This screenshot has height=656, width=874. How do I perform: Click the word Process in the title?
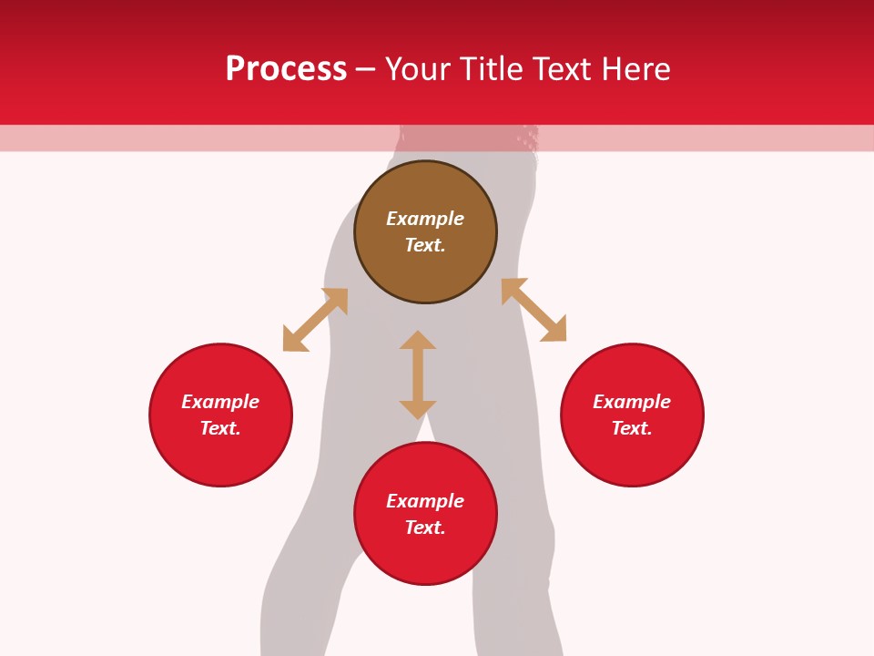pos(286,69)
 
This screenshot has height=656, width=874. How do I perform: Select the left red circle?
pos(220,456)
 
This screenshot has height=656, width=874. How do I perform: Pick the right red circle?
pos(632,456)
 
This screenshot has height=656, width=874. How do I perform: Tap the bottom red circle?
pos(425,556)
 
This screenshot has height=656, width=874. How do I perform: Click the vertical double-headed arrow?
pos(418,374)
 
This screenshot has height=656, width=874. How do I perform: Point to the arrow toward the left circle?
pos(315,320)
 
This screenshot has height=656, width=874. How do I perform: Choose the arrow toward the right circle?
pos(534,310)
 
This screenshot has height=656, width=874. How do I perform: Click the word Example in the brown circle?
pos(425,219)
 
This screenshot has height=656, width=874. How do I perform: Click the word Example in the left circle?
pos(220,402)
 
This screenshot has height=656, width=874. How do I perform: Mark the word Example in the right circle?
pos(632,402)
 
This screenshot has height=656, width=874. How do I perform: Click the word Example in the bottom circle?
pos(425,501)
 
